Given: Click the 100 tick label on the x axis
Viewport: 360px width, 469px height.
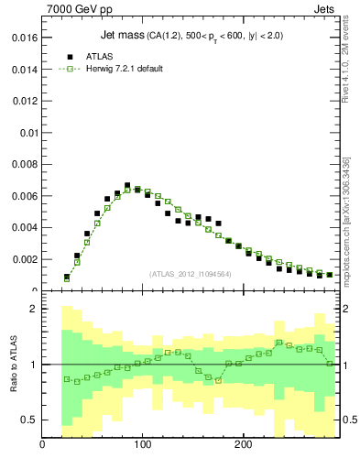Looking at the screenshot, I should point(142,446).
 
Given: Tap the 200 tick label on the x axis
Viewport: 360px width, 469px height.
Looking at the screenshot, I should point(243,446).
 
